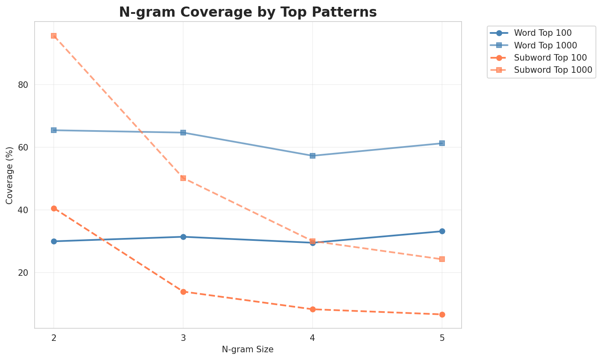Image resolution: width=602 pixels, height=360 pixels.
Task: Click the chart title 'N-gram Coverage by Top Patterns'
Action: pos(247,12)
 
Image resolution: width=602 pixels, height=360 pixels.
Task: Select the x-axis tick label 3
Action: pos(183,338)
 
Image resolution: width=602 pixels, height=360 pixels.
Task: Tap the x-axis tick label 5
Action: pos(442,338)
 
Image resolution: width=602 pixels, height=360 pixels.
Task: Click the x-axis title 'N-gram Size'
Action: pos(247,349)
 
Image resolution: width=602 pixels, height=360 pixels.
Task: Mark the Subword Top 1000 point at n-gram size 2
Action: pos(54,36)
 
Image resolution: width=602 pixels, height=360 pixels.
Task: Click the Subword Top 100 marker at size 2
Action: pos(54,208)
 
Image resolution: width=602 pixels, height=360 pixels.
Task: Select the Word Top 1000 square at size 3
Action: pos(183,133)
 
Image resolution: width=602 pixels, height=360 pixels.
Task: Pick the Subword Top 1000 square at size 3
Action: pos(183,178)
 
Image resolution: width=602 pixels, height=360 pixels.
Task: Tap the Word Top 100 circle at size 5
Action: pos(442,231)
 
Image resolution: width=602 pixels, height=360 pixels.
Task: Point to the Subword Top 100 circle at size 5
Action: pos(442,314)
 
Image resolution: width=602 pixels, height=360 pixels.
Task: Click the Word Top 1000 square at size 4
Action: pos(313,156)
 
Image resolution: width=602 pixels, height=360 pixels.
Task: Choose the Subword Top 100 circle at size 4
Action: pos(313,309)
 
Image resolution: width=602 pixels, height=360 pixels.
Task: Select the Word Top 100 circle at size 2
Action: pos(54,241)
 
